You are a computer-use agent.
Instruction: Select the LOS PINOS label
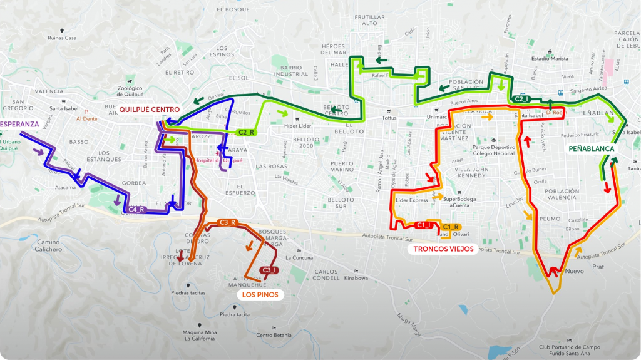pyautogui.click(x=259, y=294)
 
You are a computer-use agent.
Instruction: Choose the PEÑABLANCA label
pyautogui.click(x=592, y=149)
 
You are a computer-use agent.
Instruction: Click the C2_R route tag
pyautogui.click(x=246, y=132)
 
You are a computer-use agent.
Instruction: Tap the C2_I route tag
pyautogui.click(x=521, y=99)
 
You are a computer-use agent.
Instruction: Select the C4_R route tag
pyautogui.click(x=137, y=210)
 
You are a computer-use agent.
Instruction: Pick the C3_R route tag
pyautogui.click(x=227, y=222)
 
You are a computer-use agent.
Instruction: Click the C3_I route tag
pyautogui.click(x=269, y=270)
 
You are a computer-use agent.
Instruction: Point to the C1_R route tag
pyautogui.click(x=451, y=227)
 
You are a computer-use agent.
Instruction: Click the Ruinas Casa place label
pyautogui.click(x=62, y=38)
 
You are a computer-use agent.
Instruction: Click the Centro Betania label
pyautogui.click(x=274, y=335)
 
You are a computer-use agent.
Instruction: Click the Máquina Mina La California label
pyautogui.click(x=199, y=335)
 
